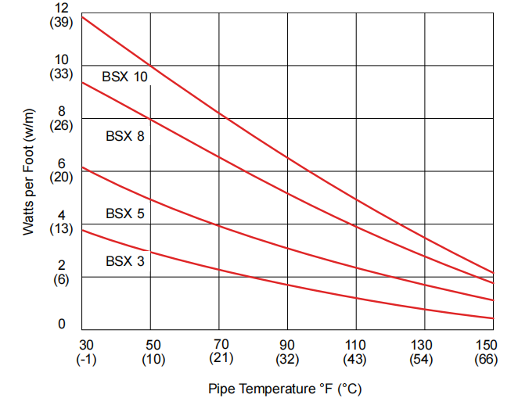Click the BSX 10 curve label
[x=124, y=77]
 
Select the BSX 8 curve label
[x=125, y=136]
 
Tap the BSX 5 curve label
[x=125, y=213]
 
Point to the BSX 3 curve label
[x=125, y=261]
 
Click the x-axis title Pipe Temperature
[x=285, y=389]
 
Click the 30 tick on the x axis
[x=86, y=345]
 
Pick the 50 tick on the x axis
[x=153, y=345]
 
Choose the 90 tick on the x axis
[x=287, y=345]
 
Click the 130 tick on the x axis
[x=422, y=345]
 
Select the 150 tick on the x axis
[x=486, y=345]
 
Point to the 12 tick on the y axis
[x=62, y=8]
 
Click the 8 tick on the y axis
[x=62, y=111]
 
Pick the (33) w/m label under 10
[x=62, y=74]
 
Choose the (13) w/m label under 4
[x=62, y=229]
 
